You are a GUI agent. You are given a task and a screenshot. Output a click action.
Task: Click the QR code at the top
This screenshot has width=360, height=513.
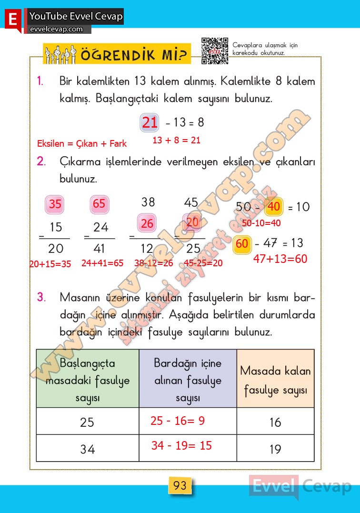215,50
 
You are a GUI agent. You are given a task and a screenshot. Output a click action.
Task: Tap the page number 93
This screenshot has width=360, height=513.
180,486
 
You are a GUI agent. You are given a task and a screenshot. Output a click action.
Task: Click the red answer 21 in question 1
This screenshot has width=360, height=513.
150,123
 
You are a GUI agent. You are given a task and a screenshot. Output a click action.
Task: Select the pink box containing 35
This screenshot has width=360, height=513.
55,204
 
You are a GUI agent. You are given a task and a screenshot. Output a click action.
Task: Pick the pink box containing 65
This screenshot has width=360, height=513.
99,204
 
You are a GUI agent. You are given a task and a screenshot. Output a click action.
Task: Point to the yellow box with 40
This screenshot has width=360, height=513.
274,207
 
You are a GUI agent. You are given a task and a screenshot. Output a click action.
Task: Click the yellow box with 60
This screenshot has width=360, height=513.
242,243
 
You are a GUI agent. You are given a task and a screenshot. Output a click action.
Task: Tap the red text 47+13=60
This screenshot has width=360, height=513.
280,259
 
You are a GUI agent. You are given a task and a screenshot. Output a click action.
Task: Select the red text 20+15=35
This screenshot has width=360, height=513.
50,264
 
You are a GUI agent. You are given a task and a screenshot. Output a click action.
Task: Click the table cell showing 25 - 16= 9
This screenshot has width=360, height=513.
188,421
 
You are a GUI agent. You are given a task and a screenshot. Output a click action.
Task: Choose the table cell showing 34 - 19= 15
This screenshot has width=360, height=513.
188,448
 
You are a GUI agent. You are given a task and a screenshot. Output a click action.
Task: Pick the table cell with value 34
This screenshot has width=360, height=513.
87,449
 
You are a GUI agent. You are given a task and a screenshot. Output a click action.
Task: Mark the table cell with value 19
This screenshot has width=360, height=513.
275,449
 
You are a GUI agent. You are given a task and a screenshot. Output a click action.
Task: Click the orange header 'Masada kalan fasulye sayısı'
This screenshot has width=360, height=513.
275,379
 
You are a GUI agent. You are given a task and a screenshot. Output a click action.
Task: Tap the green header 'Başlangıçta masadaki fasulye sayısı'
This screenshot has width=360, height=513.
88,379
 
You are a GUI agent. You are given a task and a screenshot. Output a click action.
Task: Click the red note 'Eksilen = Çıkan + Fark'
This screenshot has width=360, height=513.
82,143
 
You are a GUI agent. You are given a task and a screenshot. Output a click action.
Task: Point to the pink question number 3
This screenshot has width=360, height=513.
41,298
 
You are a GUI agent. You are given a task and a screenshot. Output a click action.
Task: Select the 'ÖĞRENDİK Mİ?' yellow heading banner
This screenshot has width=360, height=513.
117,54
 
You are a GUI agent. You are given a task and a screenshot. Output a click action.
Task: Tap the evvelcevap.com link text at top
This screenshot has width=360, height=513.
56,29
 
